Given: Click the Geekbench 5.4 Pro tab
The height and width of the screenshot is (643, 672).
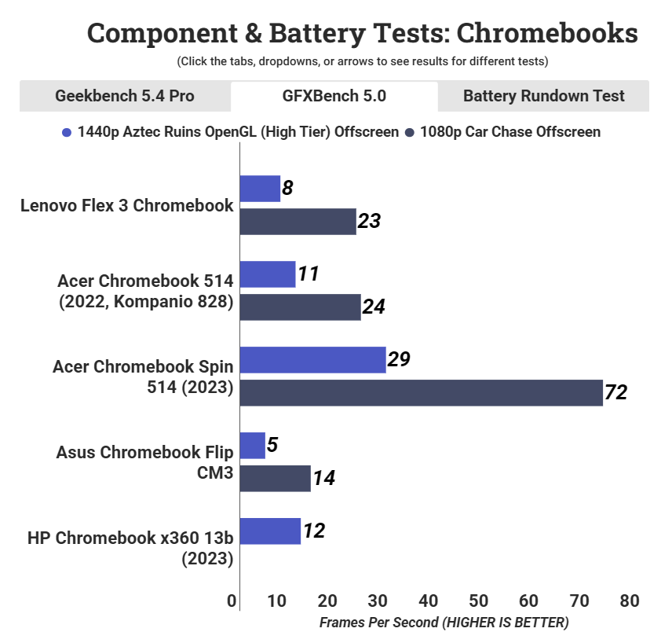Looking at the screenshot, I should coord(125,96).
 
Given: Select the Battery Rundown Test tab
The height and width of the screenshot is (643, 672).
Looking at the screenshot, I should coord(543,96).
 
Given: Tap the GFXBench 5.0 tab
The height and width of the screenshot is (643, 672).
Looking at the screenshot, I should coord(334,96).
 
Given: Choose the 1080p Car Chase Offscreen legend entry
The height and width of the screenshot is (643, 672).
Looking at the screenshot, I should coord(502,132).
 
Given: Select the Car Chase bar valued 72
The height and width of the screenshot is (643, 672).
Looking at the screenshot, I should coord(421,393).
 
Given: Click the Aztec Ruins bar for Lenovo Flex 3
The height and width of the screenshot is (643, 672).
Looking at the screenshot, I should coord(260,189).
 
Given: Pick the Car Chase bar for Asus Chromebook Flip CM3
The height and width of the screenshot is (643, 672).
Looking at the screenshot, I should coord(275,478).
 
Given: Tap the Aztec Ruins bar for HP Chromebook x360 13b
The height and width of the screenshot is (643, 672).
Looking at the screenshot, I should coord(270,531).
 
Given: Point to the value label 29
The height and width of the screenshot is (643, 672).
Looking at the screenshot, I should coord(399,359).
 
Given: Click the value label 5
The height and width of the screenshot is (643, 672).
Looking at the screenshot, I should coord(272,444).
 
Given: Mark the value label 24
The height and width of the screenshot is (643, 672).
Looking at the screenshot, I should coord(374,307).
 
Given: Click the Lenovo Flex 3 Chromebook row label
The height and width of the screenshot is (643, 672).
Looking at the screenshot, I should coord(127,206).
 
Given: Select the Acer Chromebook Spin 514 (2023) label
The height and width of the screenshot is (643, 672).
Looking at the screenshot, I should coord(144,377).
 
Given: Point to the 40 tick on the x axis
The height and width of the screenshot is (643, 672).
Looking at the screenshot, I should coord(429,601).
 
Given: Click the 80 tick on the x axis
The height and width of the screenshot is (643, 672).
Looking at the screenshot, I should coord(629,601).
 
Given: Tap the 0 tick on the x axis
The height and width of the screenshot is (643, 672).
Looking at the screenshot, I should coord(232,601).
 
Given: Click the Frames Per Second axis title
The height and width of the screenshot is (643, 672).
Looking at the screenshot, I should coord(444,623).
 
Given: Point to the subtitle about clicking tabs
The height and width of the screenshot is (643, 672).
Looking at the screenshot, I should coord(362,61).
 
